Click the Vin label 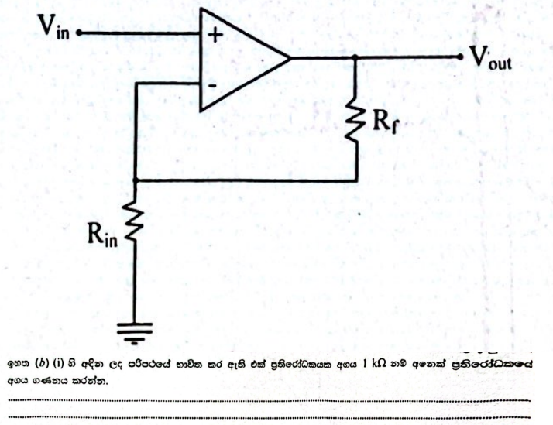53,30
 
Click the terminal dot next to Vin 81,34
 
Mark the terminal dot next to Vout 463,57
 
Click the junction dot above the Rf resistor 355,57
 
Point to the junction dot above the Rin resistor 135,181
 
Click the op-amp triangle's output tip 290,57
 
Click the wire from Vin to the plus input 139,34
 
